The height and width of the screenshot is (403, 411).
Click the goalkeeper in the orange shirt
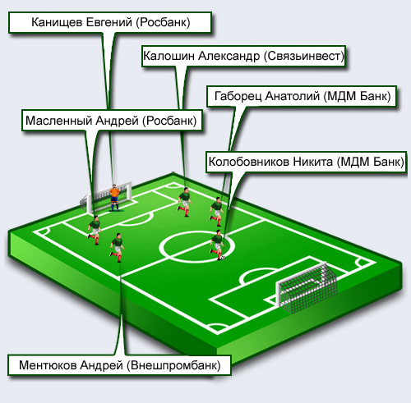[x=114, y=198]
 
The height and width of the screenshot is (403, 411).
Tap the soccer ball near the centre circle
[x=223, y=258]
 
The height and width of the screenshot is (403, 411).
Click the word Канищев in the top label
[x=57, y=22]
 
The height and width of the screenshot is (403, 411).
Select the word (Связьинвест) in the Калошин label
[x=304, y=56]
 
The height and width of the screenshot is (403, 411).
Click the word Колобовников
[x=249, y=162]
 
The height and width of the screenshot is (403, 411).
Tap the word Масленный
[x=58, y=121]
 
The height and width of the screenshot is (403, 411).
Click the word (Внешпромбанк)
[x=173, y=365]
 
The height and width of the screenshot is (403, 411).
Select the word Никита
[x=313, y=162]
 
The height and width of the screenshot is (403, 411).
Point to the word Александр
[x=229, y=56]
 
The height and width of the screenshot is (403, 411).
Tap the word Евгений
[x=109, y=22]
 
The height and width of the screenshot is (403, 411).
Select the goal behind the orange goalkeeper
[x=107, y=198]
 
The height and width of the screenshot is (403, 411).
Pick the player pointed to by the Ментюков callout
[x=118, y=248]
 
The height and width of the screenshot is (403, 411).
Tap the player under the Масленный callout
[x=95, y=230]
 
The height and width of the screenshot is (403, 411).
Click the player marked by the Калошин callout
[x=184, y=202]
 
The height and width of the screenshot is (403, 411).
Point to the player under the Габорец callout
[x=217, y=212]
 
